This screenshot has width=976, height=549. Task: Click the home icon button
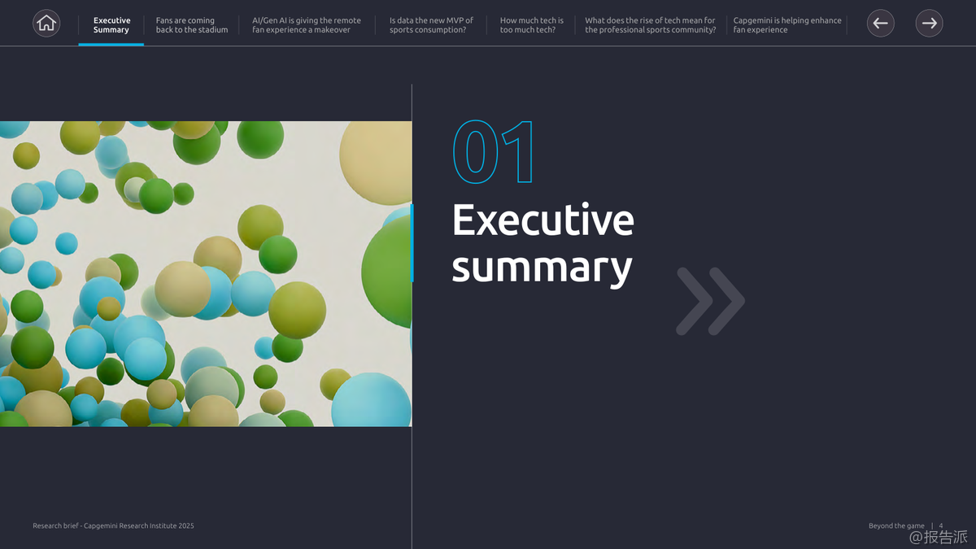click(46, 23)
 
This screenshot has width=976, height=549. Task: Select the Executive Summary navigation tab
click(111, 25)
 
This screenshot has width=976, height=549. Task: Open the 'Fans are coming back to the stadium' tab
click(192, 25)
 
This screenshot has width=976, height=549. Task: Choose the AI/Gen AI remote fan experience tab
click(307, 25)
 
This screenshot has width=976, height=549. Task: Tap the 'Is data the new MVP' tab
click(431, 25)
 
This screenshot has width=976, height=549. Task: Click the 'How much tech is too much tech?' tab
click(532, 25)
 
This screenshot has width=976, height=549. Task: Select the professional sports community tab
click(650, 25)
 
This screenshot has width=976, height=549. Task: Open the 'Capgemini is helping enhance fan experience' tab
click(787, 25)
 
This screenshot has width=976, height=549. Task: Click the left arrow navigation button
click(881, 23)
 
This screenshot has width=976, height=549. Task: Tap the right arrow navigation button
click(929, 23)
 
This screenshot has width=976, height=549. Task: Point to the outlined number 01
click(493, 151)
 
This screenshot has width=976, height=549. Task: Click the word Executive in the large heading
click(543, 220)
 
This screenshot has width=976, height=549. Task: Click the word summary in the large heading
click(542, 268)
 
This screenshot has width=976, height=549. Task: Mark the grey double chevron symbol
click(710, 301)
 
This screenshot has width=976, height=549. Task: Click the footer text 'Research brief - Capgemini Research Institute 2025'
click(113, 525)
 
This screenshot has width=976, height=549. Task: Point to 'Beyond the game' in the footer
click(896, 525)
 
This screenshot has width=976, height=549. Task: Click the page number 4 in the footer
click(941, 525)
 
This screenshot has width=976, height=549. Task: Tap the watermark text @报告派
click(938, 537)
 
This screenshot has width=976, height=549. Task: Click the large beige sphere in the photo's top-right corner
click(376, 162)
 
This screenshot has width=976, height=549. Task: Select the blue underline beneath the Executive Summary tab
click(111, 45)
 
